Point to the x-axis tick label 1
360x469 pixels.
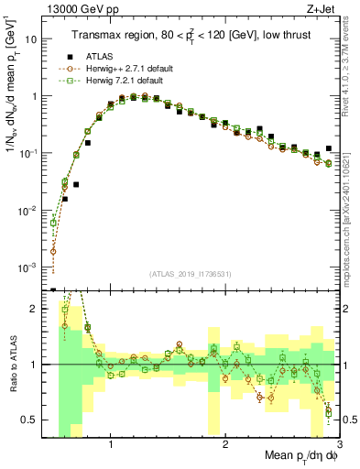coord(111,444)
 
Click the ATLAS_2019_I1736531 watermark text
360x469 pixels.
coord(189,274)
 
